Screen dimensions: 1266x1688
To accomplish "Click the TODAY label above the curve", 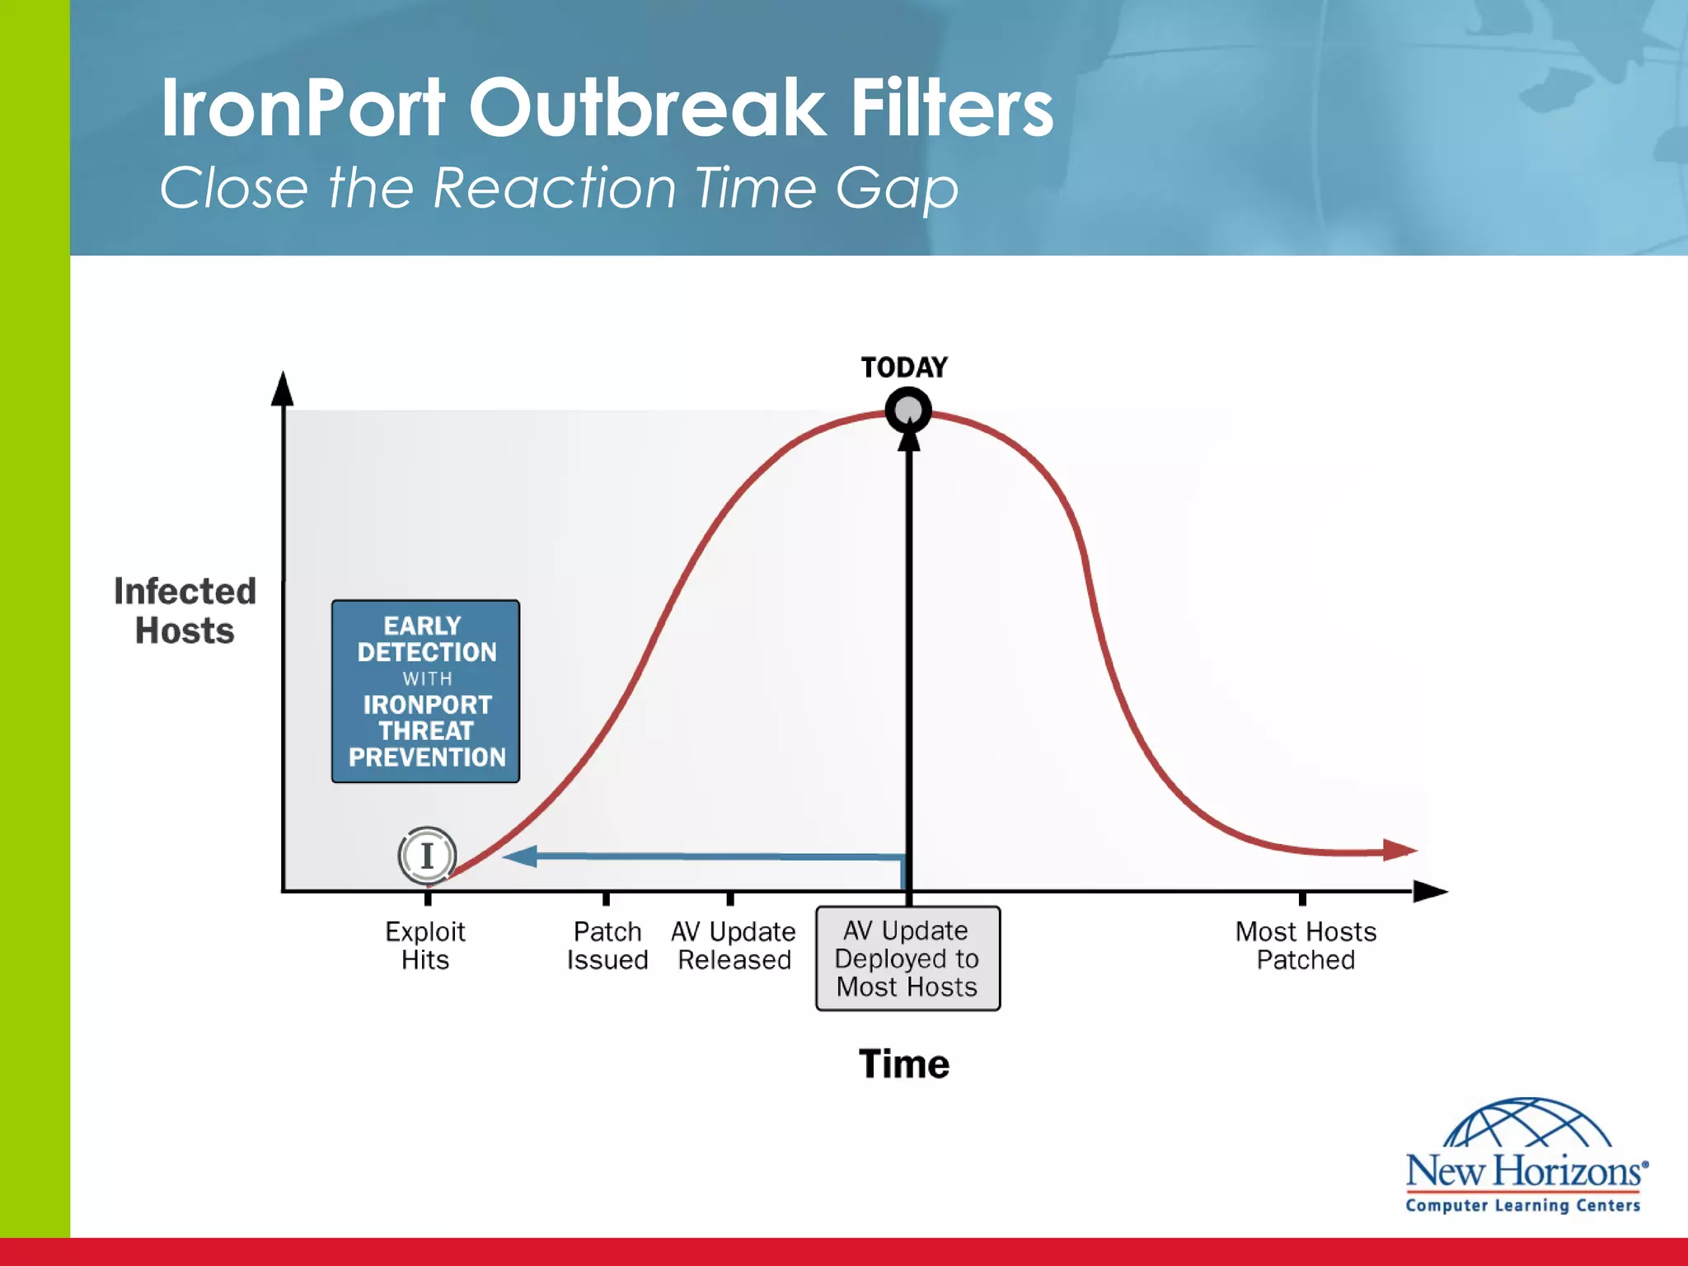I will click(x=904, y=367).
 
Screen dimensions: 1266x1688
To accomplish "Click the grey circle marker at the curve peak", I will click(x=908, y=410).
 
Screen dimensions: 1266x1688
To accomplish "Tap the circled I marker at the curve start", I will click(x=427, y=856).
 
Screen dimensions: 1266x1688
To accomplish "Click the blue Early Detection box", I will click(x=425, y=691).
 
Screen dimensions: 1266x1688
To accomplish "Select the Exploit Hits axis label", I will click(x=425, y=945).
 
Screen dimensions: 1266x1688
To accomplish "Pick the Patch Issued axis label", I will click(x=607, y=945).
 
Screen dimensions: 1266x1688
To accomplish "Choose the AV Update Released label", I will click(x=734, y=945).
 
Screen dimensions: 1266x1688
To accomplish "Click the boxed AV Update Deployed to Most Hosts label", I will click(x=907, y=959).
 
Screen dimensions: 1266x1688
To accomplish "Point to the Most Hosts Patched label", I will click(x=1306, y=945).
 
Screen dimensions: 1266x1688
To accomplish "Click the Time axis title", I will click(x=904, y=1064).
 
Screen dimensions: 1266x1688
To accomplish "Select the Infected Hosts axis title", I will click(x=185, y=611).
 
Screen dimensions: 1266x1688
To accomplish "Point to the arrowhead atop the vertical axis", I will click(x=283, y=389).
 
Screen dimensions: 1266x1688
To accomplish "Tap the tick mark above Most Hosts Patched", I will click(x=1302, y=898).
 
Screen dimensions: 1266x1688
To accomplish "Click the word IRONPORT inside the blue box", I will click(x=427, y=705).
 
